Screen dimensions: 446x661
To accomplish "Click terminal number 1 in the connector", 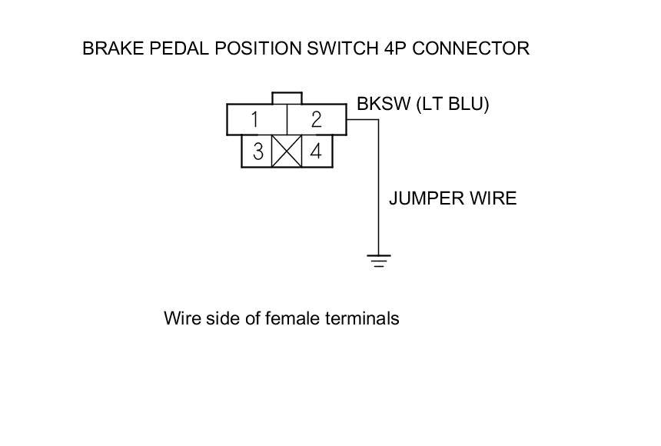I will pos(255,120).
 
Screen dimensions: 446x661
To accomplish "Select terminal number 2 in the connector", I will pos(316,120).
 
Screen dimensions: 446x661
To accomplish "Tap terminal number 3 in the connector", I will pos(257,151).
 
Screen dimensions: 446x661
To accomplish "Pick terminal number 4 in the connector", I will pos(316,151).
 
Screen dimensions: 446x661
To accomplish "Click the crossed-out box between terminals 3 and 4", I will pos(287,151).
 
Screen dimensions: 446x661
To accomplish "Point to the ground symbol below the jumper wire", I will pos(378,261).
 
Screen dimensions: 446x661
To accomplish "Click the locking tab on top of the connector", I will pos(287,98).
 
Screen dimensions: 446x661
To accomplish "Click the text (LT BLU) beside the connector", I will pos(452,105).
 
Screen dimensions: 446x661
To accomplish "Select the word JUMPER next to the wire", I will pos(425,198).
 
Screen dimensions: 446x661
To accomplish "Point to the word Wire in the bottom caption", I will pos(179,318).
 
